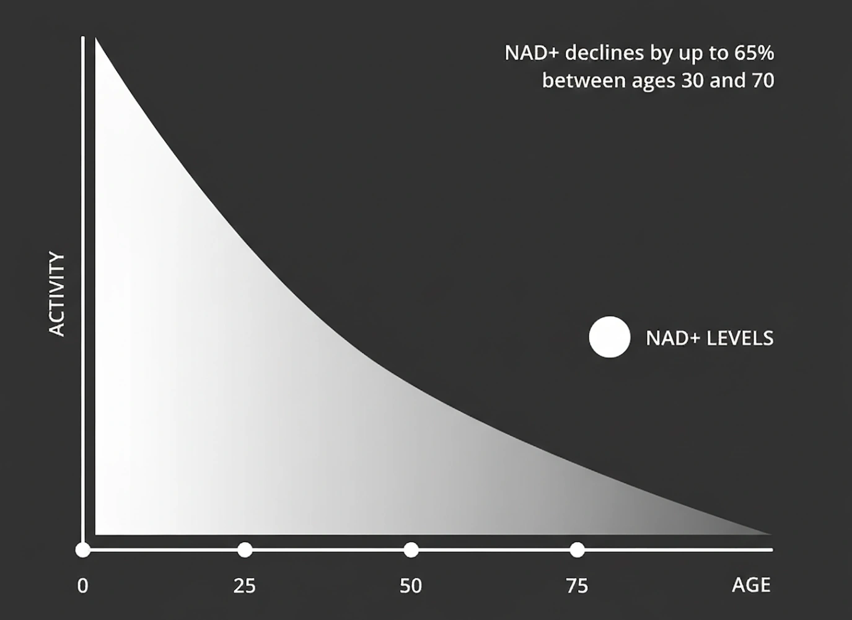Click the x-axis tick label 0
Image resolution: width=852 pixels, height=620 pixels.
tap(83, 586)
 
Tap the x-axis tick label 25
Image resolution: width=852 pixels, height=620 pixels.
tap(245, 586)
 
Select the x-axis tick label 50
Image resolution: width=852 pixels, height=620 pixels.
tap(411, 586)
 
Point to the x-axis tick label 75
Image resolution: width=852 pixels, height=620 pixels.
tap(577, 586)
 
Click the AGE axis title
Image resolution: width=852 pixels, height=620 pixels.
tap(751, 585)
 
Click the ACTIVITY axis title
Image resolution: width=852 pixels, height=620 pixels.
tap(57, 294)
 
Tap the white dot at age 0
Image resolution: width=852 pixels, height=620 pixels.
tap(83, 549)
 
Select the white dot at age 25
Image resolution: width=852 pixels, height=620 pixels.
tap(245, 549)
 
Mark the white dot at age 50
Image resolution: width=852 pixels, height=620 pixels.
tap(411, 549)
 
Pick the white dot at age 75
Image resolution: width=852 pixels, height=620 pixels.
tap(577, 549)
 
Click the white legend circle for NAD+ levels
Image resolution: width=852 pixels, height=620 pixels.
tap(610, 338)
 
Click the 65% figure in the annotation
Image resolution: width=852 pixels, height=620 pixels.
tap(754, 53)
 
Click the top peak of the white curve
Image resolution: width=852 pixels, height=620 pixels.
tap(97, 41)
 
